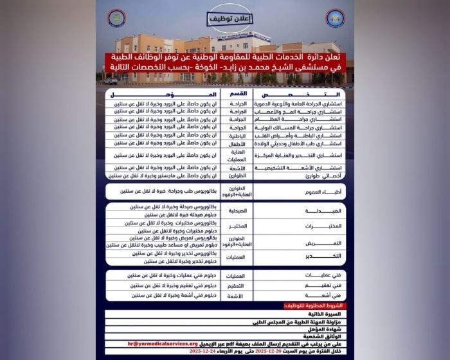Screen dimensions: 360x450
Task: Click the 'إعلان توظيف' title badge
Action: point(224,19)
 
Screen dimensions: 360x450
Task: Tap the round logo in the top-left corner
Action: point(116,17)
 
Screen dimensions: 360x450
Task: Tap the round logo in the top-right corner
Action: point(335,17)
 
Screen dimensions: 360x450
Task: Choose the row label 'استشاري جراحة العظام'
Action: point(300,119)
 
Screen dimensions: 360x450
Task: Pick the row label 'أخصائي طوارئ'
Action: point(300,175)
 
